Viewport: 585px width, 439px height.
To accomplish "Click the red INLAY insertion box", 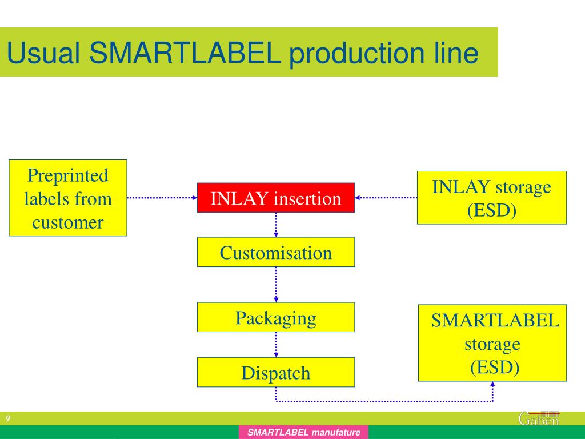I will [x=276, y=198].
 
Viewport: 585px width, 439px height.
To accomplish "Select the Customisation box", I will [x=276, y=252].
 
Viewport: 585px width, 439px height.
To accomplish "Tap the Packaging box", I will [x=276, y=317].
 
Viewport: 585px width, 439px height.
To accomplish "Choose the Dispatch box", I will [x=276, y=372].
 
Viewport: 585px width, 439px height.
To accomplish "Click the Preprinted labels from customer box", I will [x=68, y=198].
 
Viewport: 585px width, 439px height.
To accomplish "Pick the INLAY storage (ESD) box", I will [x=492, y=198].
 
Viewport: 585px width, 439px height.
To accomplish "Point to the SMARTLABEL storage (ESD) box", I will [x=492, y=343].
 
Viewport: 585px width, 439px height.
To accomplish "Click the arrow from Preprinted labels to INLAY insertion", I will [x=162, y=198].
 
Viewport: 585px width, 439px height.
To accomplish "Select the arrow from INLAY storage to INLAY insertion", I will [x=386, y=198].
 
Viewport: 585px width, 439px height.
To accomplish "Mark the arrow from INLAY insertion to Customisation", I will [x=276, y=225].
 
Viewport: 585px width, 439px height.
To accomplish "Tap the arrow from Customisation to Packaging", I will [x=276, y=284].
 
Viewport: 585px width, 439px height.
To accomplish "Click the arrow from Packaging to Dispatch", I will [x=276, y=345].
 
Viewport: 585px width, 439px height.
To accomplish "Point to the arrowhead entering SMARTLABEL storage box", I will [x=492, y=385].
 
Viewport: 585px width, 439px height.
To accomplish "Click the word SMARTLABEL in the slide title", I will [x=185, y=53].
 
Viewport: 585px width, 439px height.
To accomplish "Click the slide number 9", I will [x=8, y=419].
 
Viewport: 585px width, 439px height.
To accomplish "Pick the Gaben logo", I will [x=539, y=418].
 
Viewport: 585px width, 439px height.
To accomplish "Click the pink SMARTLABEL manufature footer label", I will [x=304, y=433].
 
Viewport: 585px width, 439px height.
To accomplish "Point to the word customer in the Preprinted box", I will [x=68, y=222].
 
